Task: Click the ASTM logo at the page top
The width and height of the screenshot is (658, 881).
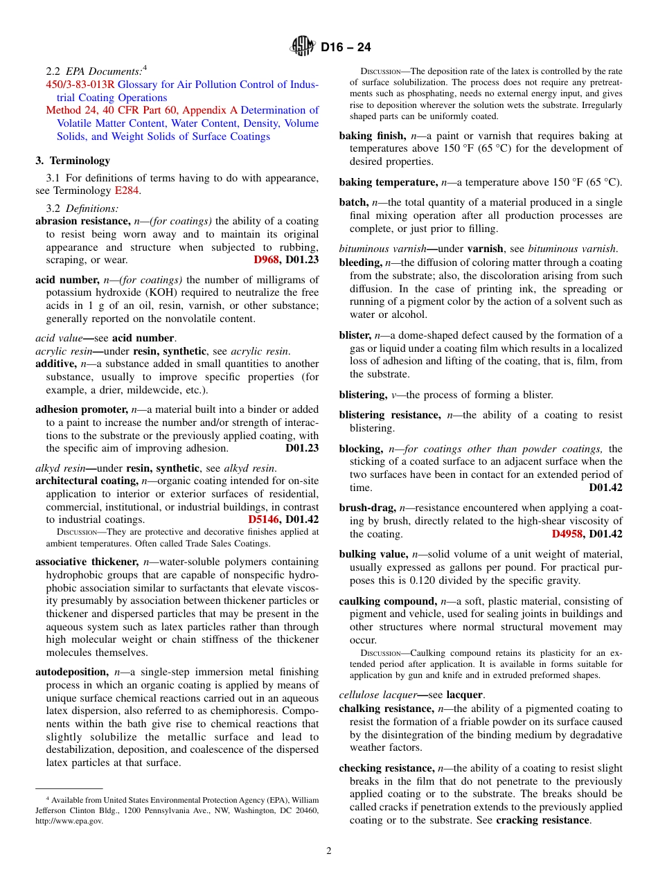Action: click(302, 46)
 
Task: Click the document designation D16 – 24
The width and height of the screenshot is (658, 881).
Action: click(346, 47)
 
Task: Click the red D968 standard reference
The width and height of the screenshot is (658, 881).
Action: click(266, 260)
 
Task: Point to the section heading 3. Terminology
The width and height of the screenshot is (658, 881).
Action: click(73, 161)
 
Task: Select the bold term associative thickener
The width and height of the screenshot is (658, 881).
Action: click(87, 562)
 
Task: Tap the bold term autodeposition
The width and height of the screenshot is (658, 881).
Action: click(72, 672)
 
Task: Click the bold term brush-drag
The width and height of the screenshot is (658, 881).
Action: click(366, 508)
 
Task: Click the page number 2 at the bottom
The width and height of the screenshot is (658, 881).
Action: click(329, 851)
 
